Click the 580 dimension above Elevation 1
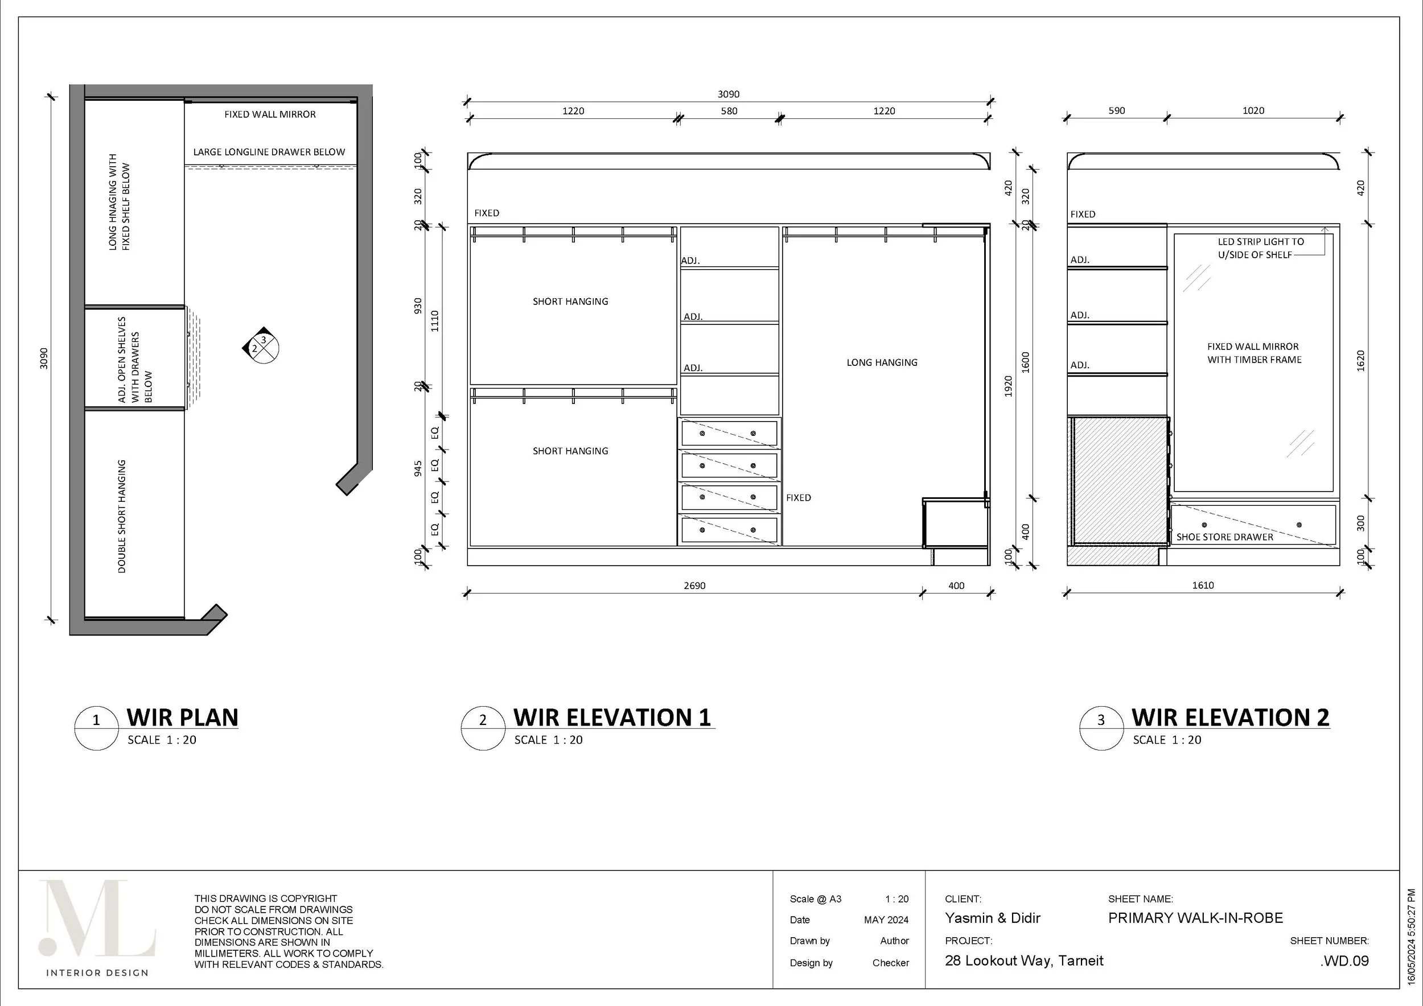[729, 112]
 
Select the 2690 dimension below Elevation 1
[694, 586]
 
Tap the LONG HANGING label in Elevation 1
[882, 362]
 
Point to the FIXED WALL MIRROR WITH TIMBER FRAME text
[1253, 353]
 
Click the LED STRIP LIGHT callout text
[1260, 248]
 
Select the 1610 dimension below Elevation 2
[1202, 585]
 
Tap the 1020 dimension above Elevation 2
[1253, 111]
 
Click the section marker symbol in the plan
[261, 345]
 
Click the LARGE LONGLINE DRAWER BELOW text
[269, 152]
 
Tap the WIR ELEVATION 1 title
[612, 718]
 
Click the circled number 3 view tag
[1101, 720]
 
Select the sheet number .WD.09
[1344, 961]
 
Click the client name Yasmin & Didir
[992, 918]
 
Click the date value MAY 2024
[886, 920]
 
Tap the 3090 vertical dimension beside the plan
[44, 358]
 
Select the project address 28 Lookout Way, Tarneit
[1024, 961]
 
